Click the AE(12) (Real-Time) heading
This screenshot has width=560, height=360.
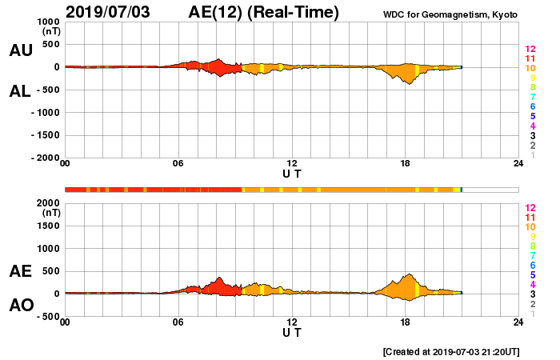[x=263, y=12]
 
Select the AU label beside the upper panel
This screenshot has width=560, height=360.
[x=21, y=50]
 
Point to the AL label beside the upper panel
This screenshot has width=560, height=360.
[x=21, y=91]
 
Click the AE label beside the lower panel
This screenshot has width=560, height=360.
[x=21, y=271]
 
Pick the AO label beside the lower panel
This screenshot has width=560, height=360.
[x=21, y=306]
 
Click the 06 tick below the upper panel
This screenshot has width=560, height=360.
[x=178, y=164]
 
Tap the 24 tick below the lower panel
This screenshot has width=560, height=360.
[x=518, y=322]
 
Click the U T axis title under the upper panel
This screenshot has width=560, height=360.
[x=292, y=173]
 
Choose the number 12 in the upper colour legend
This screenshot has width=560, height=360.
[x=529, y=49]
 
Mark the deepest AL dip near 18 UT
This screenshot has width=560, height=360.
[x=409, y=83]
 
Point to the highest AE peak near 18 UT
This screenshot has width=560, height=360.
[x=409, y=274]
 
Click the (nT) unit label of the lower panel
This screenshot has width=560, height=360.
[x=51, y=213]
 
